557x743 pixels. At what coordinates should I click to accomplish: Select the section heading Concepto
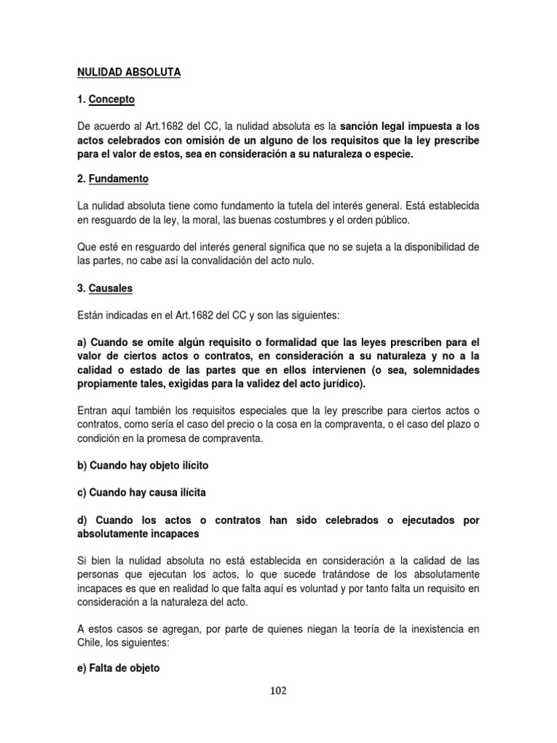tap(112, 99)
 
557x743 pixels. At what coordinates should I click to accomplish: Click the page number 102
tap(278, 691)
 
